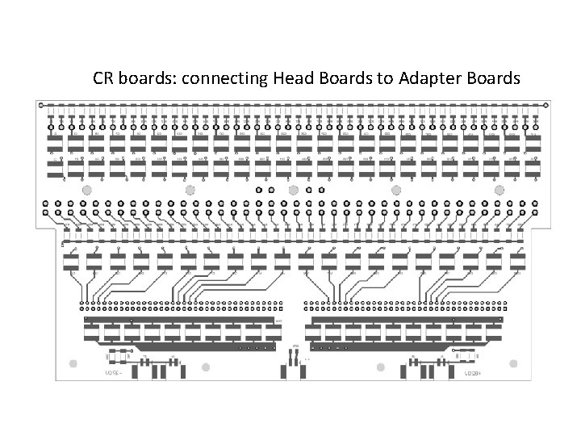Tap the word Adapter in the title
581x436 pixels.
(x=420, y=79)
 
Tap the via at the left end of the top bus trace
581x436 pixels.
(x=42, y=105)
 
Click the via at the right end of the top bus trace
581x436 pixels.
(x=545, y=105)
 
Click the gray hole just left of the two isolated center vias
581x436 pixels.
(x=293, y=190)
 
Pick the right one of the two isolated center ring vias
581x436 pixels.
(x=322, y=190)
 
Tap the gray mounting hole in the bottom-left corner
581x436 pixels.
(x=82, y=367)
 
